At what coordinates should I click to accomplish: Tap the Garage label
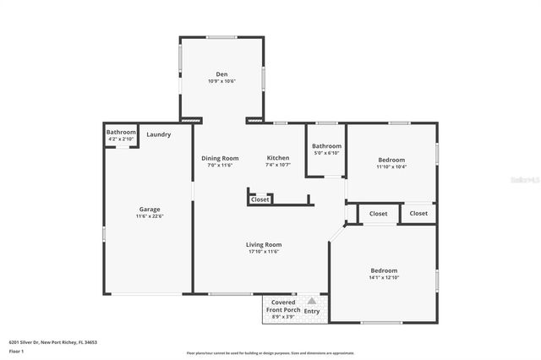pos(150,210)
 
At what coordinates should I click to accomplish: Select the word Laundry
pos(158,134)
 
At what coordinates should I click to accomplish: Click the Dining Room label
pos(220,158)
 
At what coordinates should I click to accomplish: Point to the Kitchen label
pos(278,158)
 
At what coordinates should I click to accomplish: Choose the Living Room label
pos(264,244)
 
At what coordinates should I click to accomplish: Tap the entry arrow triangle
pos(312,300)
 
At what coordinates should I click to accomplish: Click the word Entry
pos(312,311)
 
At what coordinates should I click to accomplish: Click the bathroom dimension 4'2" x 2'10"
pos(121,139)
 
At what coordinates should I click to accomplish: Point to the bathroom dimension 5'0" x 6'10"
pos(326,153)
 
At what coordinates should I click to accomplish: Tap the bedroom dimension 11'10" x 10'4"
pos(391,166)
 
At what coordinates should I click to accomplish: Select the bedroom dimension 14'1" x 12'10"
pos(384,278)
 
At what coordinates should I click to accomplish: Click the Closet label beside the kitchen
pos(260,199)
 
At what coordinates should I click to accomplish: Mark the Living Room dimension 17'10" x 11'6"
pos(264,252)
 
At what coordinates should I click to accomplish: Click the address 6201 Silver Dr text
pos(53,342)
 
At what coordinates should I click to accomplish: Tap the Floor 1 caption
pos(16,350)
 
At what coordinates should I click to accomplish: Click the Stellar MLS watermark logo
pos(525,180)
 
